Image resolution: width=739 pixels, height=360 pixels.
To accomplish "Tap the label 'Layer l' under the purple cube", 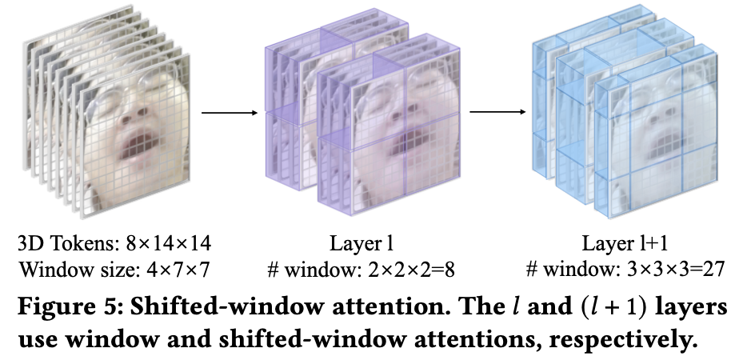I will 361,242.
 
